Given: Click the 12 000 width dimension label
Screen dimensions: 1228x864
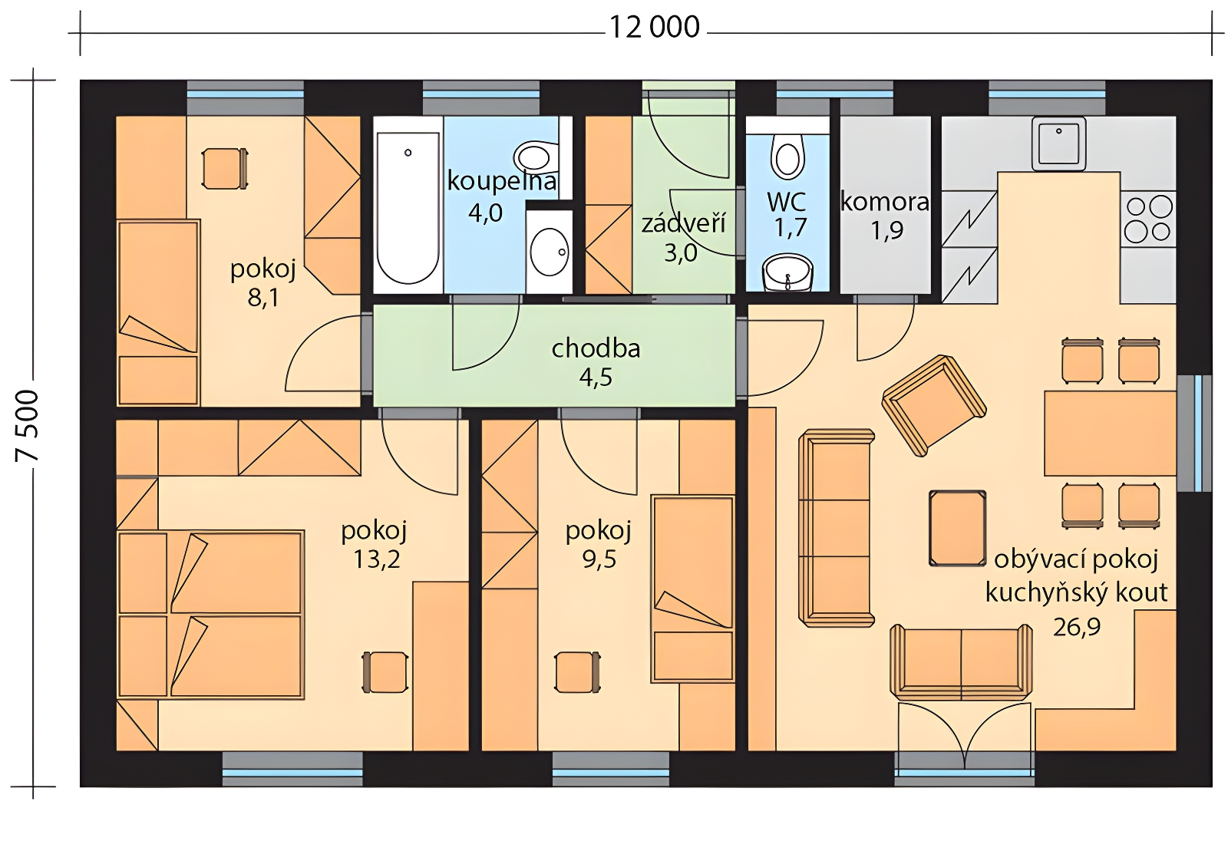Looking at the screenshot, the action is point(655,28).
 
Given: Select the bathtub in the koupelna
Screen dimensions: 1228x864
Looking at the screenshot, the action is point(408,208).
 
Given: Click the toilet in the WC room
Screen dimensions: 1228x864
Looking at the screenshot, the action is point(787,157).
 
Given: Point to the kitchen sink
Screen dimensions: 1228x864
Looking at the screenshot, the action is point(1058,143).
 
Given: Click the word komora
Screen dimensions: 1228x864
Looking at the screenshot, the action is point(885,203).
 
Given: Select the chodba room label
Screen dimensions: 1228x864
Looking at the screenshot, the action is point(596,348).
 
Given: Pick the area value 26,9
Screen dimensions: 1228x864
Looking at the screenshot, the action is point(1076,627).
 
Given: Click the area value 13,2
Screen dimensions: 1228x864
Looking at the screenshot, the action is point(376,559).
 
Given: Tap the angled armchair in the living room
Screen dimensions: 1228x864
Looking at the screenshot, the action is point(934,404).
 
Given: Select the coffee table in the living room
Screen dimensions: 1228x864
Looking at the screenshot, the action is point(957,528).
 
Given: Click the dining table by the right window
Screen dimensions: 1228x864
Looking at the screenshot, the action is point(1110,433).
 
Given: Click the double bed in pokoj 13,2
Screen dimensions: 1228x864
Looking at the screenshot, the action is point(211,615).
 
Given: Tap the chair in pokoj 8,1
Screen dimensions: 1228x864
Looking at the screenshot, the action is point(225,169).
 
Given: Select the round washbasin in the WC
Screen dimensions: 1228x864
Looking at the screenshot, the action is point(787,273).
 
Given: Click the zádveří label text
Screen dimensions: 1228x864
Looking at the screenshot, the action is point(683,223).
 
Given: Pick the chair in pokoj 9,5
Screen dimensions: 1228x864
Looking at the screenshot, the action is point(577,672).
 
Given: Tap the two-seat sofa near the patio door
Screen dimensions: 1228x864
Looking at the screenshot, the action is point(961,662).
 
